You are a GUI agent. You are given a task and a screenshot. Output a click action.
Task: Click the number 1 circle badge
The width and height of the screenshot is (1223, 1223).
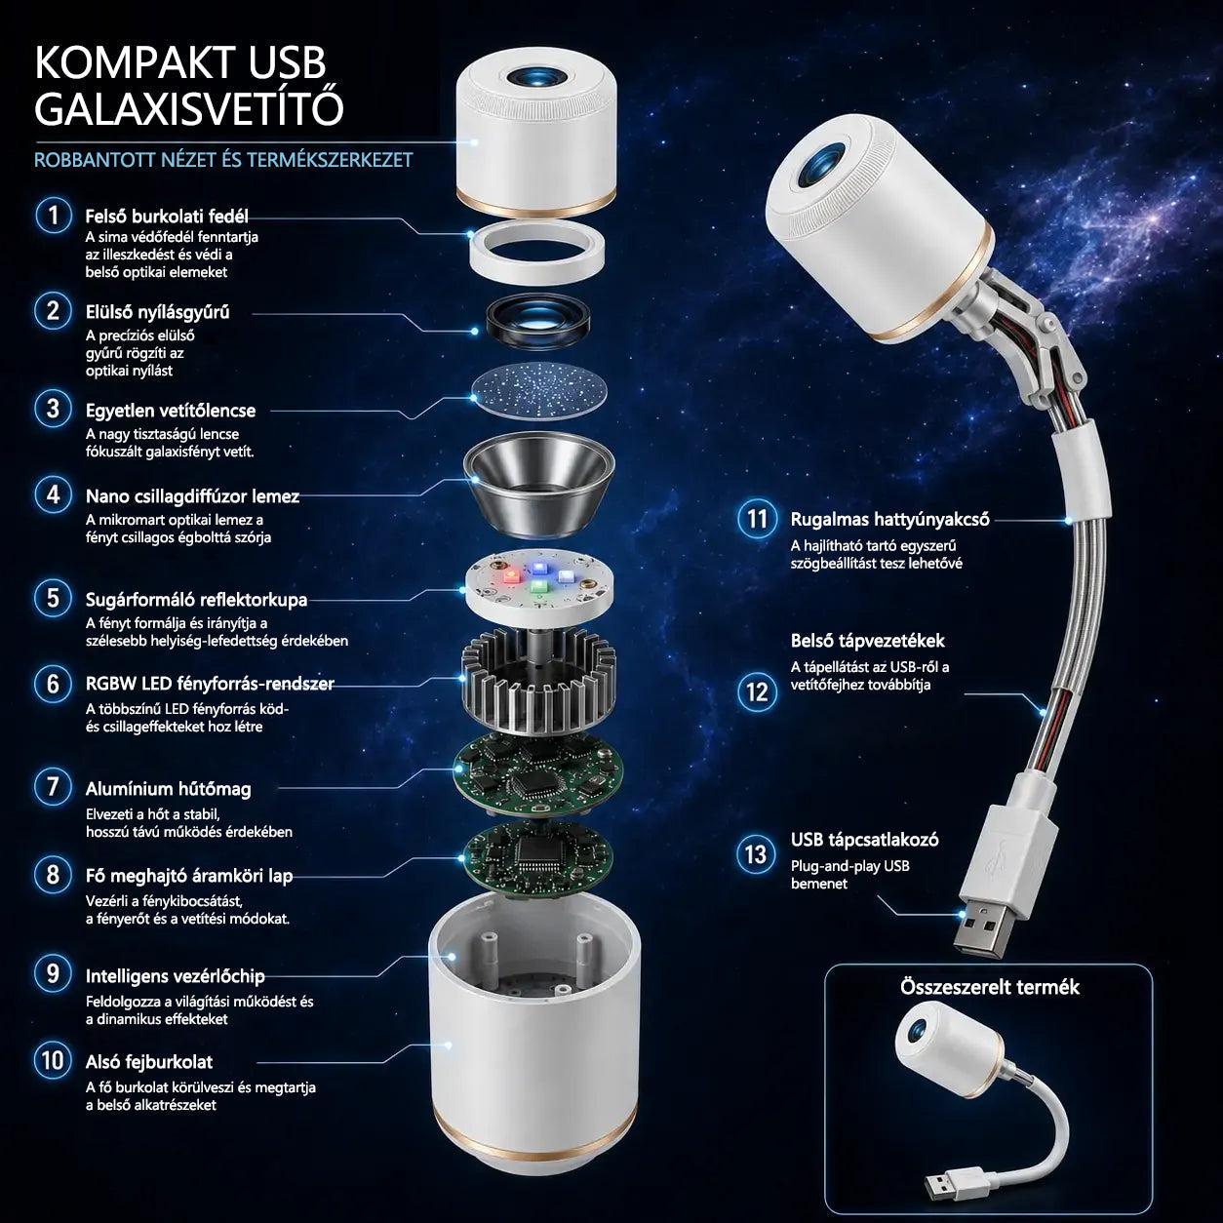[54, 216]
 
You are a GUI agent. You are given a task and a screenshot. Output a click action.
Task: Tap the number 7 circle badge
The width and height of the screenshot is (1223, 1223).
[54, 787]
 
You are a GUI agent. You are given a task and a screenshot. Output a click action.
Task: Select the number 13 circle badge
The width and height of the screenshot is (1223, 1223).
[755, 854]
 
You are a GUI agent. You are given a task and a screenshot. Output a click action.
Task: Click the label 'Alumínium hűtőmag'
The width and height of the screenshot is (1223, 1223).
[168, 789]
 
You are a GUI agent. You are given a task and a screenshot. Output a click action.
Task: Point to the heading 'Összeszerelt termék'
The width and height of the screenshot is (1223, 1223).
[990, 987]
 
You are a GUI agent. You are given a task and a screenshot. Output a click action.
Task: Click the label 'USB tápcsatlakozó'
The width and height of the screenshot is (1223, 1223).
[864, 841]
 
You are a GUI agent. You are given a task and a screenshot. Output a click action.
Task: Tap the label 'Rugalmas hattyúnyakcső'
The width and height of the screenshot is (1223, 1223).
[889, 520]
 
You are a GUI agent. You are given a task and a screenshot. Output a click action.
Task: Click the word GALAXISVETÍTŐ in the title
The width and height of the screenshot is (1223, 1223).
[189, 108]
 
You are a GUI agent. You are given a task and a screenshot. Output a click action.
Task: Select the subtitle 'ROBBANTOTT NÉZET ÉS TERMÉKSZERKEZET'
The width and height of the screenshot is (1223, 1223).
[223, 160]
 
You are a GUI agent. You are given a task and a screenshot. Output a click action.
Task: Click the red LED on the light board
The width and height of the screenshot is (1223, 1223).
[511, 576]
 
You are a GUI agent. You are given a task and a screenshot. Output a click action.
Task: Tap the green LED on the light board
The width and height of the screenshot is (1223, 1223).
[538, 586]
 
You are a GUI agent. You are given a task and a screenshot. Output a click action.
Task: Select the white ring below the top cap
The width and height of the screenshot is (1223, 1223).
[536, 250]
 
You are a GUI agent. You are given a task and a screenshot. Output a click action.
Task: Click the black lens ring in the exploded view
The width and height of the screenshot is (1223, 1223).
[538, 325]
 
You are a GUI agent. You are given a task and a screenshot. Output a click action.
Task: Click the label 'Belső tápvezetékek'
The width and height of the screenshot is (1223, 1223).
[868, 641]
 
